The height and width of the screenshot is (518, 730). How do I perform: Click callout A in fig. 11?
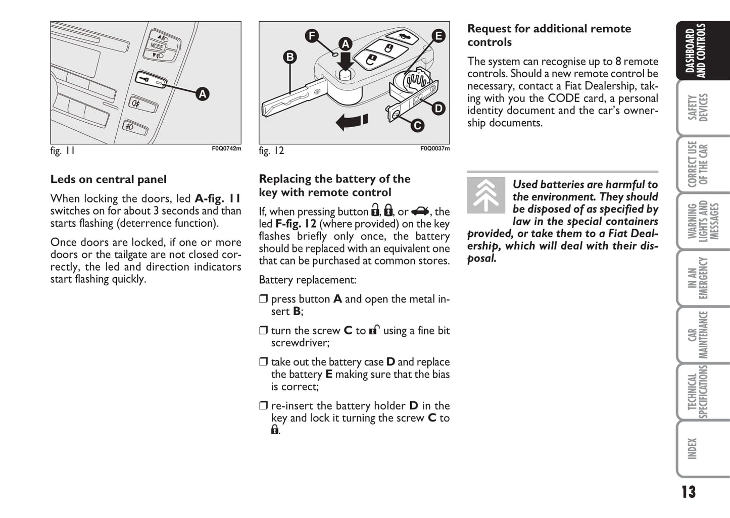point(203,94)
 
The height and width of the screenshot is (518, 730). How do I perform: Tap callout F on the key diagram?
point(312,36)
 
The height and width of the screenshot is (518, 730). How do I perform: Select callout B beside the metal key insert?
point(290,57)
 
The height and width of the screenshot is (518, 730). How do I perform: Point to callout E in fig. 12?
point(438,36)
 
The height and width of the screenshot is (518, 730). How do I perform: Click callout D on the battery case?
point(438,108)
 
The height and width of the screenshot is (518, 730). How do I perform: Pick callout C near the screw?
point(417,125)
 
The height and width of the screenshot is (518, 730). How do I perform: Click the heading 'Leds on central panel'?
point(108,180)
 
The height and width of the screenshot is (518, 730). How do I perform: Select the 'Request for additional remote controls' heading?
point(549,35)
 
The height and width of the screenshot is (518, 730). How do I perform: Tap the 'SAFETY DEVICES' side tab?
point(698,108)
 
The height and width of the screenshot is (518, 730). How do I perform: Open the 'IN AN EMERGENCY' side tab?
point(698,278)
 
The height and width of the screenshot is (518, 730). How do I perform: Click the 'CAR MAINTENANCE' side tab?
point(698,334)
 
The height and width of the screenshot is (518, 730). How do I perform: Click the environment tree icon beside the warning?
point(486,195)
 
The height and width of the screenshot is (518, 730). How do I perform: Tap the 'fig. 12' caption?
point(271,151)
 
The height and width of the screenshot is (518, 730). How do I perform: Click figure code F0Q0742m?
point(226,149)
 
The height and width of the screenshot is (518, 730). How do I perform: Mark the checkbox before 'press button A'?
point(263,299)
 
